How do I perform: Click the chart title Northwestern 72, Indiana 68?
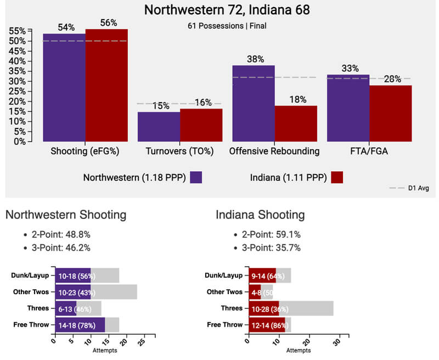tap(219, 10)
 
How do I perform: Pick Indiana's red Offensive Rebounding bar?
tap(296, 123)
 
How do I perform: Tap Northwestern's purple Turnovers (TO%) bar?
tap(159, 126)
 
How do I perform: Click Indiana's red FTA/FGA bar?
tap(391, 113)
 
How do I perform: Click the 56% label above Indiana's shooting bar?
tap(108, 22)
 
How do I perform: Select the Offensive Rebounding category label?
tap(274, 151)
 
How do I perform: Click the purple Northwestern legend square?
tap(196, 177)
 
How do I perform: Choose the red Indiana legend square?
tap(337, 177)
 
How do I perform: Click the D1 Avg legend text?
tap(419, 188)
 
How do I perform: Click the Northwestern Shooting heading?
tap(66, 215)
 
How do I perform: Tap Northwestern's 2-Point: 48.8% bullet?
tap(60, 234)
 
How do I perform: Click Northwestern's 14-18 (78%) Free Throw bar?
tap(80, 325)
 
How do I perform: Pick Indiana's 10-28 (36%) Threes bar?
tap(264, 308)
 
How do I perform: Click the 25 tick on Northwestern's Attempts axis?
tap(142, 341)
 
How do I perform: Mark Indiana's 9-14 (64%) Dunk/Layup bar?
tap(262, 275)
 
